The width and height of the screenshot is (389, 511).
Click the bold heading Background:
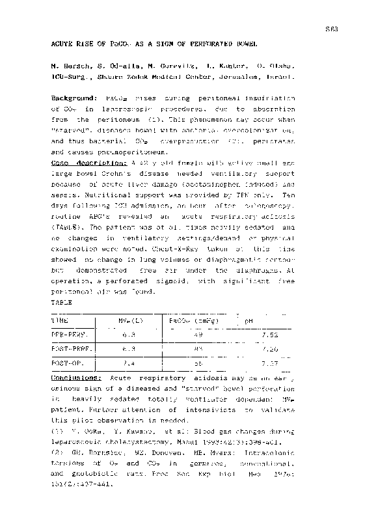click(76, 98)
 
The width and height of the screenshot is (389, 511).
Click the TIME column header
click(60, 321)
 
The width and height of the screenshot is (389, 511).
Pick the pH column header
click(247, 321)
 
